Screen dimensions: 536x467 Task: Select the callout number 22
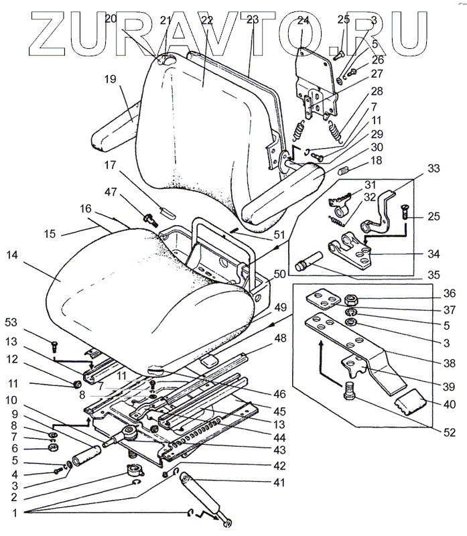tap(206, 21)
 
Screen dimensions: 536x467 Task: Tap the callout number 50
tap(279, 274)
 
